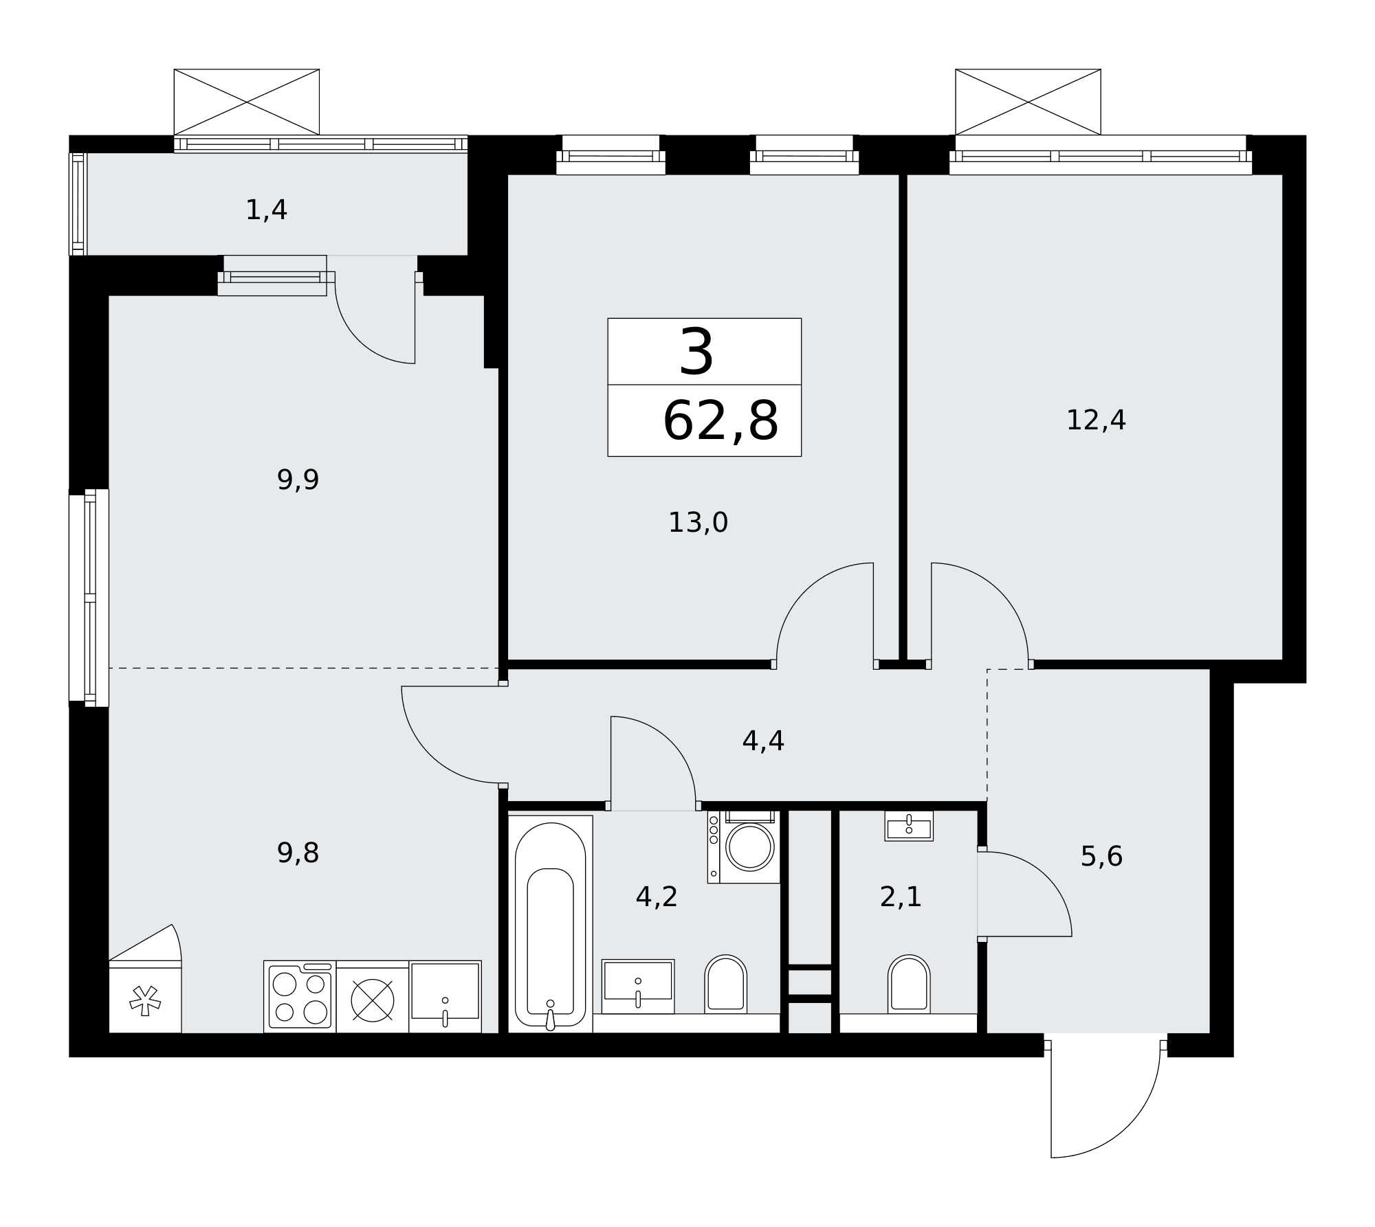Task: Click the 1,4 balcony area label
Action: click(266, 210)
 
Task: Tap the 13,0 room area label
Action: click(698, 523)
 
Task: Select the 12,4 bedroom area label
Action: click(1096, 420)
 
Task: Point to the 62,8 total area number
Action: click(720, 420)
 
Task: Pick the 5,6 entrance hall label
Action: click(1101, 857)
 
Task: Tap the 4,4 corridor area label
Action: click(763, 741)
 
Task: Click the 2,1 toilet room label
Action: click(901, 897)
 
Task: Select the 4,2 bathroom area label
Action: click(657, 897)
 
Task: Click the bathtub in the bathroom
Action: click(550, 924)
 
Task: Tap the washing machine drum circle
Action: click(750, 846)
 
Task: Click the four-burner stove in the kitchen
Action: click(300, 996)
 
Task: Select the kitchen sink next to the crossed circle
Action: click(445, 996)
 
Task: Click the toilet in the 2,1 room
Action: click(909, 984)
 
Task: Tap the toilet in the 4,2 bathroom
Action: click(725, 984)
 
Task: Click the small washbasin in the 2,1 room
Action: click(909, 826)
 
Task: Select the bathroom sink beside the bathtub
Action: click(638, 987)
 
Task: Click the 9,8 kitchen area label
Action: click(298, 853)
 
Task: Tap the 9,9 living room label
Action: click(298, 480)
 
